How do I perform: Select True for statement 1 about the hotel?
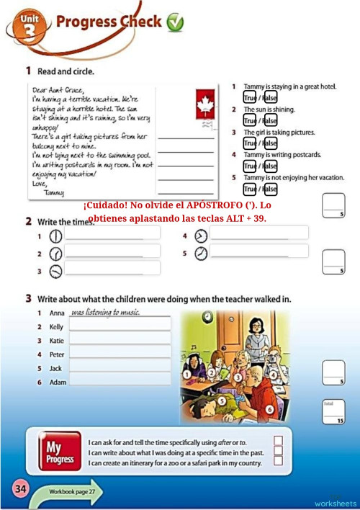(249, 97)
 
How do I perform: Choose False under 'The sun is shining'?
(270, 120)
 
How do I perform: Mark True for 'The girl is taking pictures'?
(249, 143)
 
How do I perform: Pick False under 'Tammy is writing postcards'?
(270, 166)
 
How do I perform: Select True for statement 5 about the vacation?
(249, 189)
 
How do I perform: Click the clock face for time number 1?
(55, 236)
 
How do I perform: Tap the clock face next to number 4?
(201, 236)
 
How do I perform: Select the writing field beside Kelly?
(120, 326)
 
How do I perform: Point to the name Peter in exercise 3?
(57, 354)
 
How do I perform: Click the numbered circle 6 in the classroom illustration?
(269, 409)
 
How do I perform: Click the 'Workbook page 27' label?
(72, 491)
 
